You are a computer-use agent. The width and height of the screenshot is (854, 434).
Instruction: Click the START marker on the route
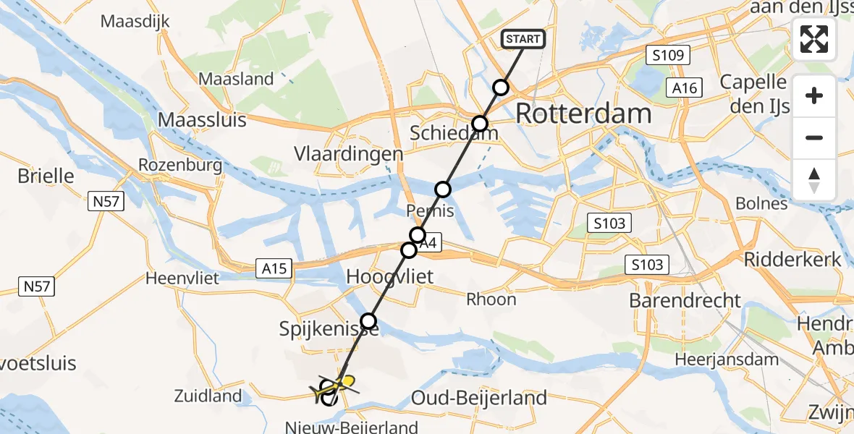tap(523, 39)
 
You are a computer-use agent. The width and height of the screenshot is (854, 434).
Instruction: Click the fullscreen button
tap(814, 39)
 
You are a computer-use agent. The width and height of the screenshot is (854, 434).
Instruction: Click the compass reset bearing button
tap(814, 180)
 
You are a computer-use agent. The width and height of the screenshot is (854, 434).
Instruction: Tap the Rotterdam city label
tap(583, 114)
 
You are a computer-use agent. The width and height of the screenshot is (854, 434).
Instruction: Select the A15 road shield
tap(276, 269)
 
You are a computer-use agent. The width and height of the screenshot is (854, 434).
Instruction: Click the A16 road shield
tap(684, 88)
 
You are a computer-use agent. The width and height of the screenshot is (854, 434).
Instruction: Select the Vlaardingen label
tap(348, 154)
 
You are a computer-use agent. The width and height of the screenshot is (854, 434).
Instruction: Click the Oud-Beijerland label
tap(478, 397)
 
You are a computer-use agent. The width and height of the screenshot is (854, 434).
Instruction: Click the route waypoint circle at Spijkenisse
tap(369, 320)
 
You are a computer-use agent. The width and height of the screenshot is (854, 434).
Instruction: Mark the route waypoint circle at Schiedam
tap(479, 123)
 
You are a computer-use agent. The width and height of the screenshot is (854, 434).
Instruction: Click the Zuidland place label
tap(208, 396)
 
